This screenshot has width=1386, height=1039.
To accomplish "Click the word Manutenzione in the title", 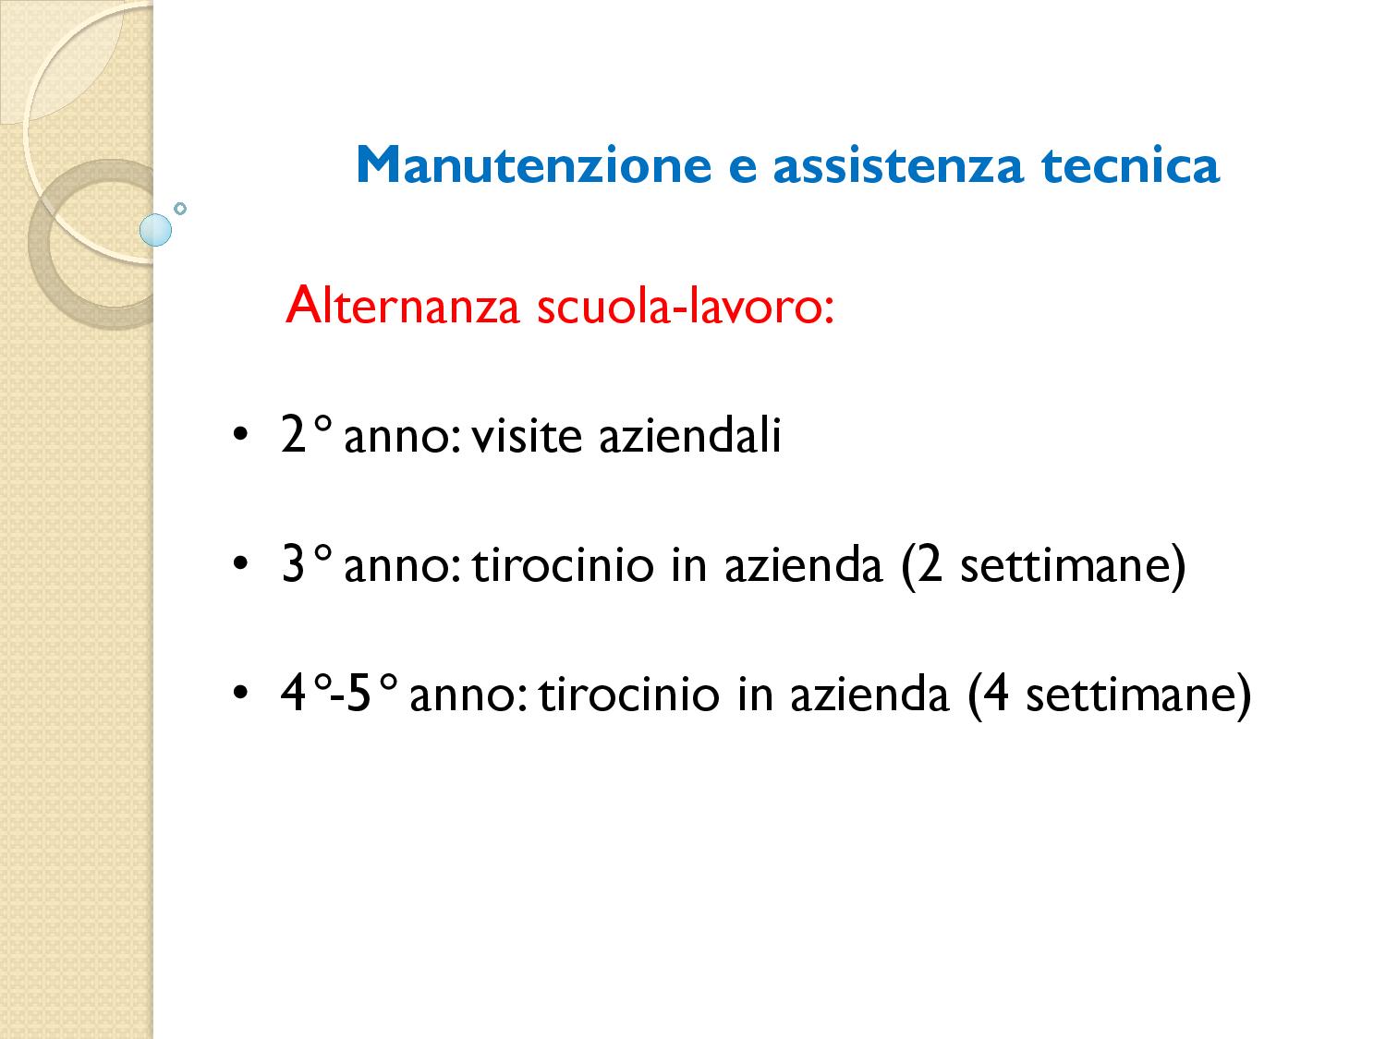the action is tap(533, 165).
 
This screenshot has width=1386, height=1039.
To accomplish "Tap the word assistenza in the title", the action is tap(897, 165).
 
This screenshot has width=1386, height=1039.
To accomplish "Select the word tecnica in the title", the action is tap(1130, 165).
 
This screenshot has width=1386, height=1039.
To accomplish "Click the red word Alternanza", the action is tap(402, 306).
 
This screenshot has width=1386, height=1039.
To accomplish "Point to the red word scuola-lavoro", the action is tap(685, 306).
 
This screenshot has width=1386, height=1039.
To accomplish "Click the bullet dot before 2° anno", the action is tap(240, 435).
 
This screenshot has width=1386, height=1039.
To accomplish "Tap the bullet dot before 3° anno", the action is tap(240, 563).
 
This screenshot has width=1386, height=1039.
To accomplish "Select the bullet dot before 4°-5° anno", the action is tap(240, 692).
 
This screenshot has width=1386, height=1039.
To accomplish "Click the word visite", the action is tap(527, 435).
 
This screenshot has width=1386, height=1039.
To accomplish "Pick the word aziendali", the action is tap(690, 434).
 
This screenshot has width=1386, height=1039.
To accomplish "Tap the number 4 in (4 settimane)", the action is tap(995, 693).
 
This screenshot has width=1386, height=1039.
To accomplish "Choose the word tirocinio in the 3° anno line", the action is tap(563, 564).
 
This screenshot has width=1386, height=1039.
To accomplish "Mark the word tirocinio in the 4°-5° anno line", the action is tap(629, 693).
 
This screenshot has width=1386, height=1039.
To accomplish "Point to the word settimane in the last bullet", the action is tap(1130, 694).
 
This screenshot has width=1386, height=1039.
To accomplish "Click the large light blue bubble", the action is tap(155, 230).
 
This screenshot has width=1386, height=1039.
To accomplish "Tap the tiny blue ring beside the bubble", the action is tap(180, 208).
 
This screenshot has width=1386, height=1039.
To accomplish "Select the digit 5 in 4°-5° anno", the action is tap(358, 694).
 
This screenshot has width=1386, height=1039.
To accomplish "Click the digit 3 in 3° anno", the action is tap(294, 564).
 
